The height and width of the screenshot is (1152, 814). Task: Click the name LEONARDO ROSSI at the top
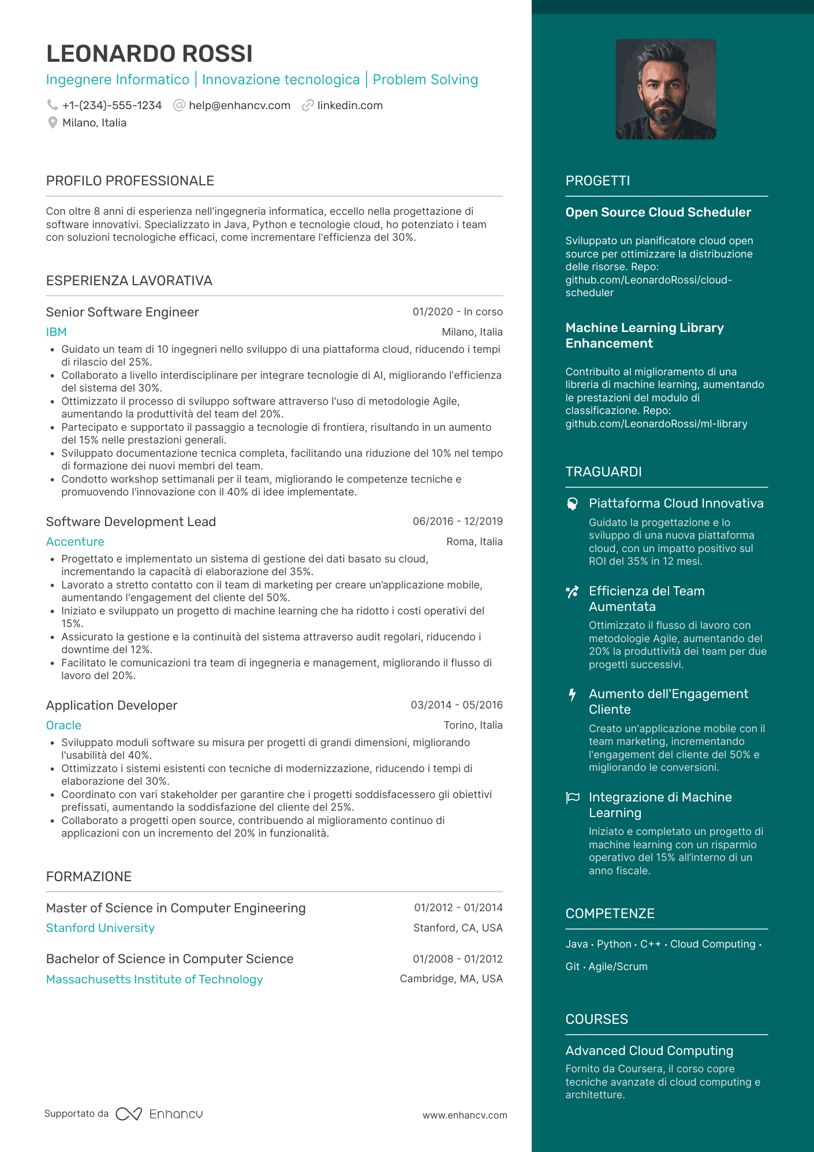pyautogui.click(x=149, y=54)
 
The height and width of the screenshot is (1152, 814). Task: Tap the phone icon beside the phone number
pyautogui.click(x=53, y=105)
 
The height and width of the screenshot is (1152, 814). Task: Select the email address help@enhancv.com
pyautogui.click(x=239, y=106)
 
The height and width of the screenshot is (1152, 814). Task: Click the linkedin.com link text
pyautogui.click(x=350, y=106)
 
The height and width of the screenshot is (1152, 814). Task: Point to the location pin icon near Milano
pyautogui.click(x=53, y=122)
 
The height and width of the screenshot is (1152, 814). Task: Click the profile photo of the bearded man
pyautogui.click(x=666, y=90)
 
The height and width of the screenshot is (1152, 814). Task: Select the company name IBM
pyautogui.click(x=57, y=332)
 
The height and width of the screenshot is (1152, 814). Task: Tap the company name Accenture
pyautogui.click(x=75, y=542)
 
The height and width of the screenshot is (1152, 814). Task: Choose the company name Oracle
pyautogui.click(x=64, y=725)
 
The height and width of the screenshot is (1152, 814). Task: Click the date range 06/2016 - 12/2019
pyautogui.click(x=457, y=521)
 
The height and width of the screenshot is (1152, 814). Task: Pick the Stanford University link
pyautogui.click(x=100, y=928)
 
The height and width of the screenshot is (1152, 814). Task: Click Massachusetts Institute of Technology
pyautogui.click(x=154, y=979)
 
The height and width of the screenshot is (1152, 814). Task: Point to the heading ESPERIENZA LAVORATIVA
pyautogui.click(x=129, y=281)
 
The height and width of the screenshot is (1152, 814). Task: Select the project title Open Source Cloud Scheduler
pyautogui.click(x=658, y=212)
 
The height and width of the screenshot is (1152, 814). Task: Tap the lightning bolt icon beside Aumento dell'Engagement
pyautogui.click(x=572, y=695)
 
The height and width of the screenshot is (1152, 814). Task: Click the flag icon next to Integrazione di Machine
pyautogui.click(x=573, y=798)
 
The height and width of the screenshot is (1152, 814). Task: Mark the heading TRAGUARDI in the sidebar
pyautogui.click(x=603, y=472)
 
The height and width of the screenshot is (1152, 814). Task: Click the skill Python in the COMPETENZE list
pyautogui.click(x=614, y=944)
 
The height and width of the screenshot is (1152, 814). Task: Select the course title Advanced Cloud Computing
pyautogui.click(x=649, y=1051)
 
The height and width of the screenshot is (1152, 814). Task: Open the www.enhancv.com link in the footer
pyautogui.click(x=465, y=1115)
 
